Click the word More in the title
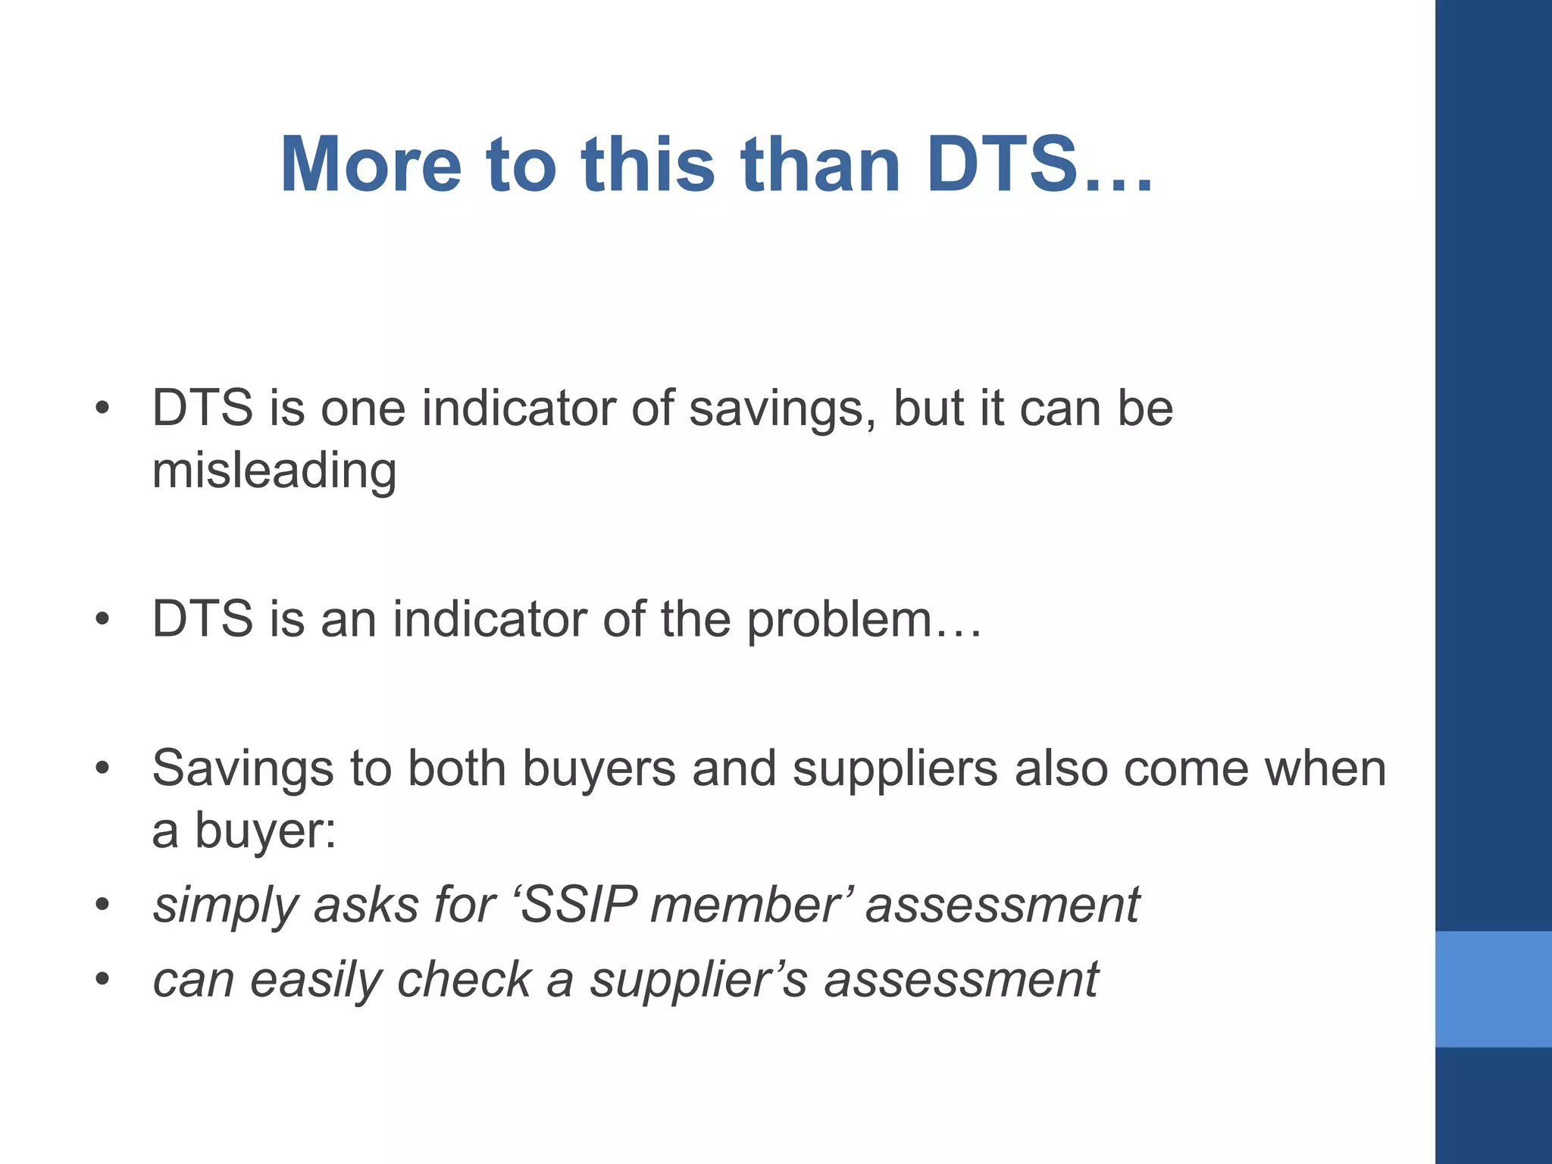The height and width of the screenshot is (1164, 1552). [371, 164]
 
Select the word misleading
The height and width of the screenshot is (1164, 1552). [274, 471]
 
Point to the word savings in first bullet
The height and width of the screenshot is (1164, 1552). [781, 409]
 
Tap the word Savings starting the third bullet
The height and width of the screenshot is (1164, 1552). [242, 768]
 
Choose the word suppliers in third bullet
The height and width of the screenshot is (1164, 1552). [895, 770]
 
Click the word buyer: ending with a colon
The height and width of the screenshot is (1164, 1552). [265, 831]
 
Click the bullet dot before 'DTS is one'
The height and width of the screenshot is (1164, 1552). [102, 410]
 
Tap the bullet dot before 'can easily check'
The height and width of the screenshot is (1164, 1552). [102, 979]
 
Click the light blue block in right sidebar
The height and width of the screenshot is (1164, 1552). [1493, 989]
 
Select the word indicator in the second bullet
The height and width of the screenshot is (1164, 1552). [489, 620]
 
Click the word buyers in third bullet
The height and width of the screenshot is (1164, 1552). [599, 770]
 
